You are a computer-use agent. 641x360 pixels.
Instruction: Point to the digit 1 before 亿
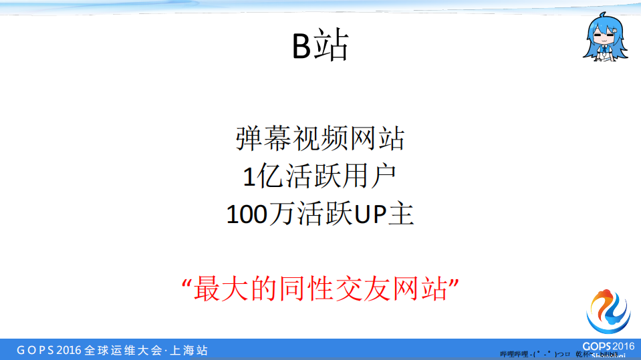pyautogui.click(x=249, y=177)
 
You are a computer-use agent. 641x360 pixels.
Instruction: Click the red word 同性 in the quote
pyautogui.click(x=299, y=289)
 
